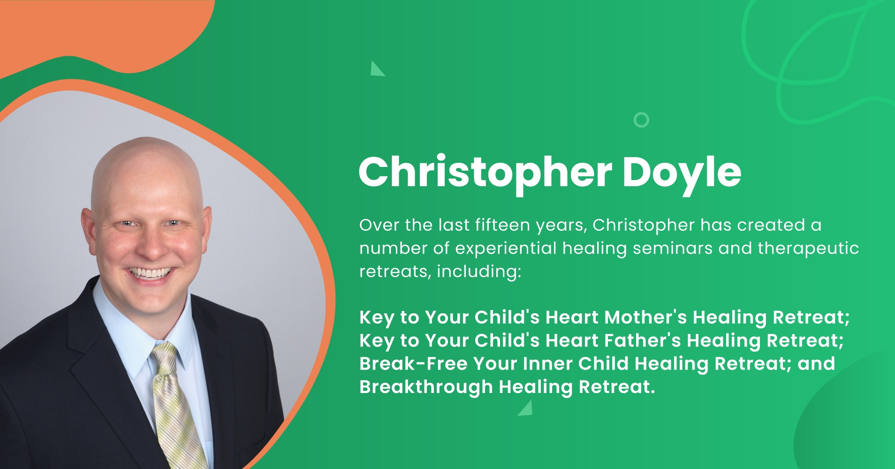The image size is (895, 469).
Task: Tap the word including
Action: point(479,272)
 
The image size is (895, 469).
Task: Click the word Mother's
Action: point(645,318)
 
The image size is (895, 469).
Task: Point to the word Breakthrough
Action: point(426,387)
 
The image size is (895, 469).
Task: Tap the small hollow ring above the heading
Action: point(641,120)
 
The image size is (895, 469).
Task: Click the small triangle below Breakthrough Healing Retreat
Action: point(527,409)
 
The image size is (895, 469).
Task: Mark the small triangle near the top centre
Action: point(376,69)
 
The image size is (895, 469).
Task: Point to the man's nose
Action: point(151,244)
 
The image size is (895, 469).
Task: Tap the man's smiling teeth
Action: point(150,272)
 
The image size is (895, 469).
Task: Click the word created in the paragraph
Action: point(771,225)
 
